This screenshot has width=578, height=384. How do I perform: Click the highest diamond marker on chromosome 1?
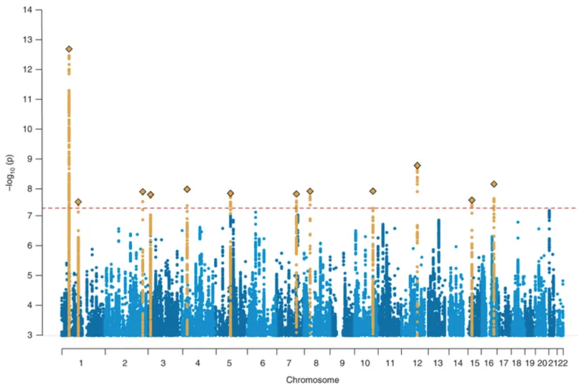69,49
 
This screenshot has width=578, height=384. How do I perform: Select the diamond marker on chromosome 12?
417,165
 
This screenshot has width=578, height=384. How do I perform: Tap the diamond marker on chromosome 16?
493,184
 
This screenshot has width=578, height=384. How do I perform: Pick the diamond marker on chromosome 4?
187,189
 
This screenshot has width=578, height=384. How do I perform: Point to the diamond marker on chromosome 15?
471,201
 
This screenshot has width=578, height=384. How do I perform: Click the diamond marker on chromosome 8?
310,191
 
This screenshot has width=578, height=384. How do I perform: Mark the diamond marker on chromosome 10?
372,191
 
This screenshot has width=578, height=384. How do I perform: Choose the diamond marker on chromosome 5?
231,193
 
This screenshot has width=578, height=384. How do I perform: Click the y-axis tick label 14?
28,10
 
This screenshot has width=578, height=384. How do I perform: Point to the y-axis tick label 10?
28,129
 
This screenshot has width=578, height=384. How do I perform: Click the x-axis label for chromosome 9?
342,363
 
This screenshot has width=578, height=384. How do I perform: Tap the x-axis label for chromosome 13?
438,363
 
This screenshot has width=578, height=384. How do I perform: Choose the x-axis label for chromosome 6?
262,363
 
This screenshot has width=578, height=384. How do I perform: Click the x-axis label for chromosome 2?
125,363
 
